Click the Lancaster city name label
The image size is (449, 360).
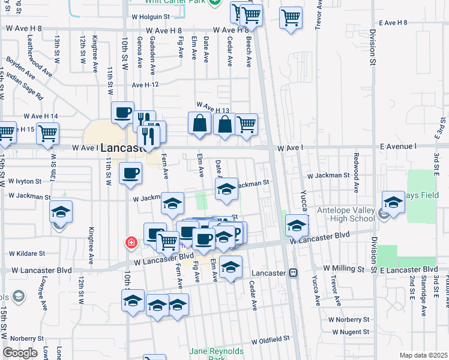pos(124,148)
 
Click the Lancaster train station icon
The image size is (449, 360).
pos(294,272)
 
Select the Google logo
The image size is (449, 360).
pos(20,353)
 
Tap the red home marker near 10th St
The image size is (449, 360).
pos(131,242)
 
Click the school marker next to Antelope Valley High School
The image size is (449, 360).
pos(393,202)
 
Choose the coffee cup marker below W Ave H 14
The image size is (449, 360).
pos(122,112)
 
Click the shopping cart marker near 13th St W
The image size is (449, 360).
pos(47,134)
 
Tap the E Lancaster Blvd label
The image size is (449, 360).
pos(408,271)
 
